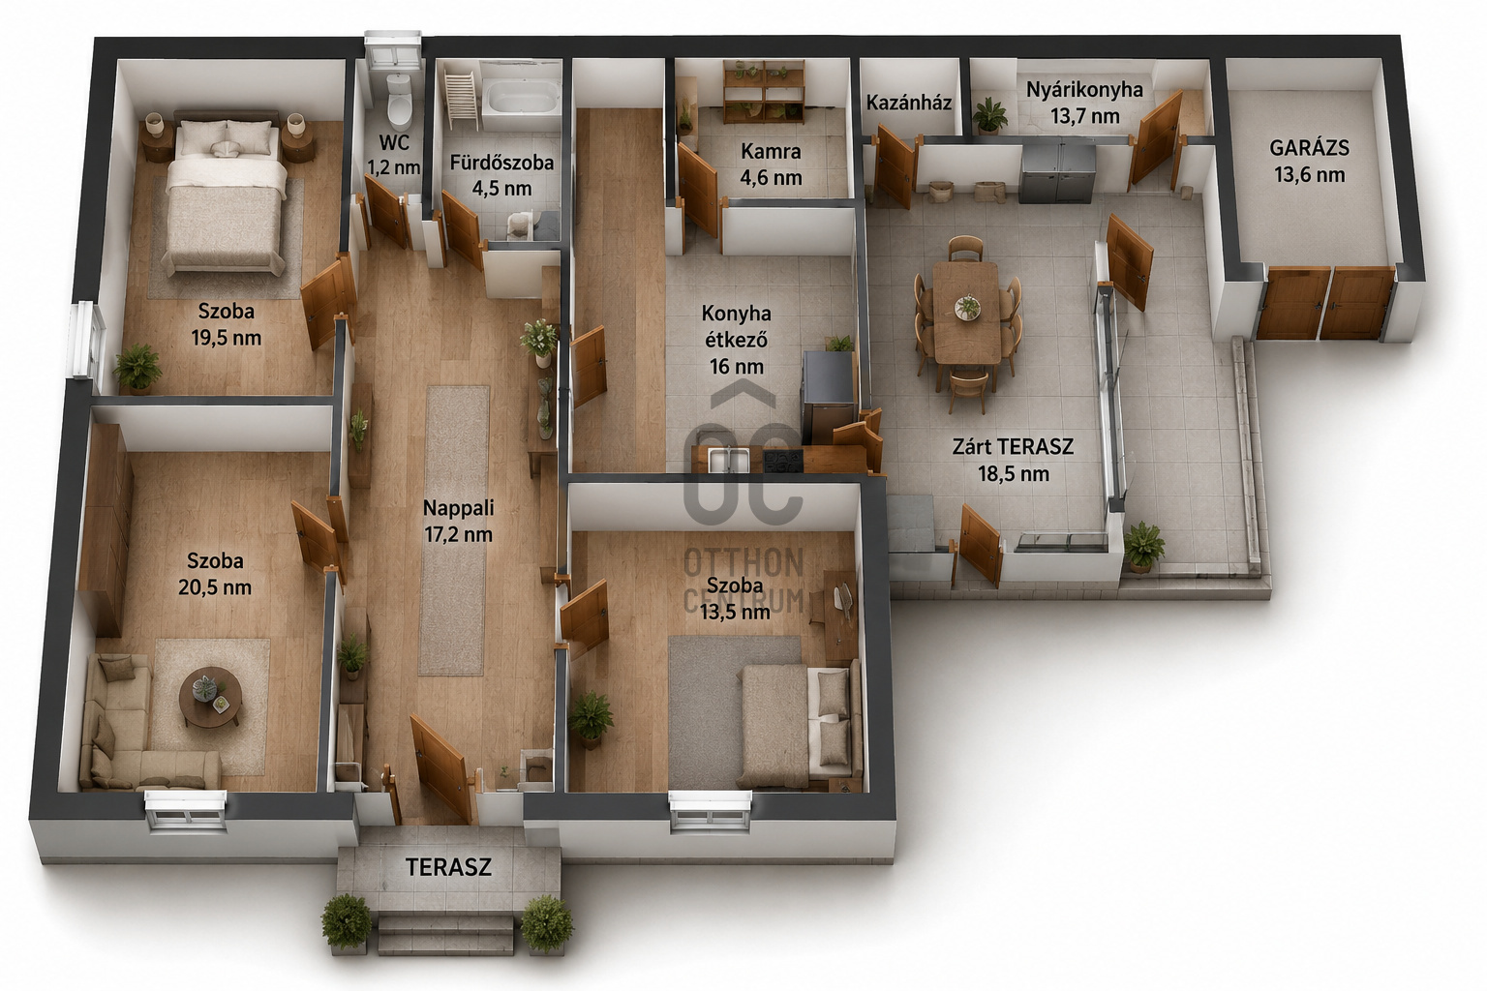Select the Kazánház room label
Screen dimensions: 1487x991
(909, 103)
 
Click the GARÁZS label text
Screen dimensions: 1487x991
(1309, 147)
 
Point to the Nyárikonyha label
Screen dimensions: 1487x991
(1084, 89)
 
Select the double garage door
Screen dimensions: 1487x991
(1325, 303)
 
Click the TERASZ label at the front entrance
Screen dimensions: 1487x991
(449, 867)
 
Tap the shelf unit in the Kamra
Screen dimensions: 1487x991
(764, 92)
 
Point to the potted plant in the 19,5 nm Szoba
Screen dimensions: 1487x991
(137, 368)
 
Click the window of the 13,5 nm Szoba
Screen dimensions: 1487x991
(711, 811)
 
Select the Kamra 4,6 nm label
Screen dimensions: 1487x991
(771, 164)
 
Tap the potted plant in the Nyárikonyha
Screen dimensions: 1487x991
(989, 116)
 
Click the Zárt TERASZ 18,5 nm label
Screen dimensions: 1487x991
(1013, 460)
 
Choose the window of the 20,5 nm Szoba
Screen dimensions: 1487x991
(186, 811)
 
